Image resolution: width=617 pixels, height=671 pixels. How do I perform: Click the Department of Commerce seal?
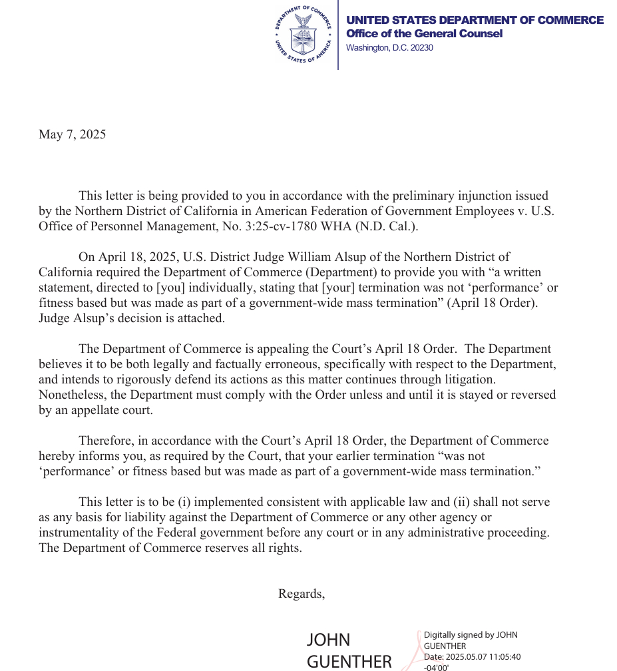coord(304,35)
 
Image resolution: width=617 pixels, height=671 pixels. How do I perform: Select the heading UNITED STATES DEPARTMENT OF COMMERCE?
coord(475,20)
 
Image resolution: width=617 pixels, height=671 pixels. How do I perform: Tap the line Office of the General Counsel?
coord(424,34)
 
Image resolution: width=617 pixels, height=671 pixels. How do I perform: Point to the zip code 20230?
coord(421,48)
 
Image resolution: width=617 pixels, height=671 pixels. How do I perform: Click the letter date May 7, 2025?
coord(72,134)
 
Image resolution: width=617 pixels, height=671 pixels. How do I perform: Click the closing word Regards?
coord(301,594)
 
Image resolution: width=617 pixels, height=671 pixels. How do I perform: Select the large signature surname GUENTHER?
coord(349,661)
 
